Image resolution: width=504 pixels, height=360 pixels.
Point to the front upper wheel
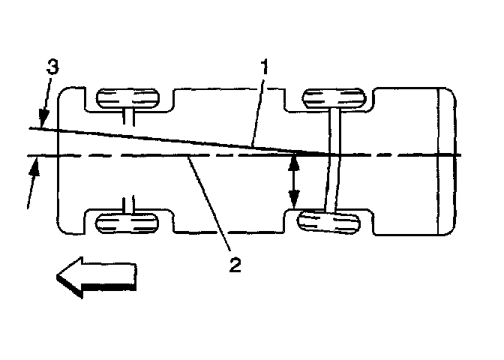pos(130,98)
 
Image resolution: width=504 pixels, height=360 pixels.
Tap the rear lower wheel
pos(328,222)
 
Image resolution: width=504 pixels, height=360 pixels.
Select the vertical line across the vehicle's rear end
pos(436,160)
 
